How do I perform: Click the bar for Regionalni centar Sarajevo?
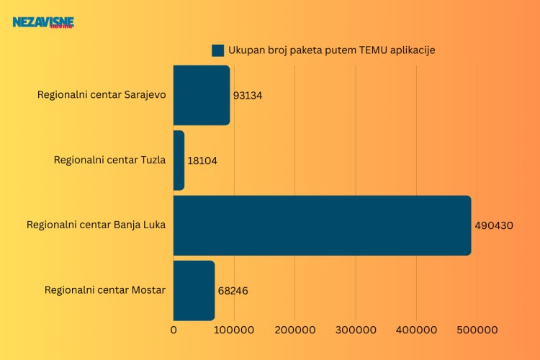click(x=202, y=95)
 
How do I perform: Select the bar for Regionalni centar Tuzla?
click(x=179, y=160)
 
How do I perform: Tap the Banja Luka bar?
click(x=322, y=225)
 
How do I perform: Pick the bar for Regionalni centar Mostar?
click(x=194, y=290)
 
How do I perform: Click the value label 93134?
click(x=248, y=96)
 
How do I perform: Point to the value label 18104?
click(x=202, y=161)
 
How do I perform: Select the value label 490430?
click(x=494, y=225)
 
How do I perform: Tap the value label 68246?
click(x=233, y=291)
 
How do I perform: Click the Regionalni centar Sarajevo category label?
click(x=102, y=95)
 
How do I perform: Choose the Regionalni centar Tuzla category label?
click(x=109, y=160)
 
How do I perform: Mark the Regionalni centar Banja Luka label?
click(x=96, y=225)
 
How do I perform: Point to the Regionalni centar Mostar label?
click(x=105, y=290)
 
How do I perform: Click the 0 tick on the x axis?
click(x=174, y=330)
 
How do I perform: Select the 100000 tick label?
click(x=235, y=330)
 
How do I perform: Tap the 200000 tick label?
click(x=296, y=330)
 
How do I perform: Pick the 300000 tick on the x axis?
click(x=357, y=330)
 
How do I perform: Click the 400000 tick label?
click(x=418, y=330)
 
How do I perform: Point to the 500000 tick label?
click(x=479, y=330)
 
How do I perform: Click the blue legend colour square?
click(x=218, y=50)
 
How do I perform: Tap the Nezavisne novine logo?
click(x=43, y=23)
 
